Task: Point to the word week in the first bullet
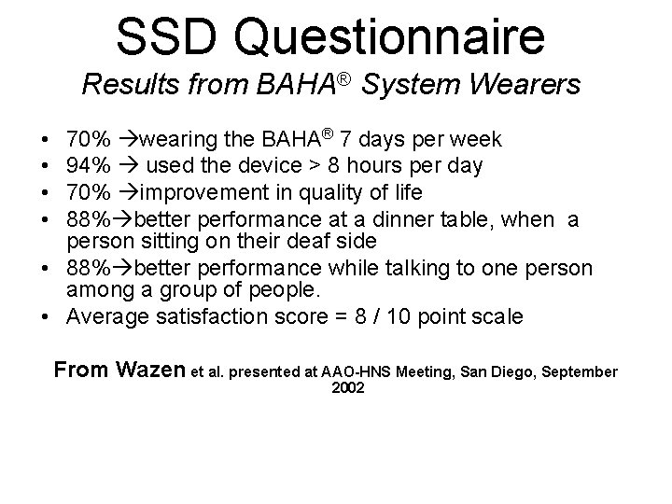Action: click(477, 140)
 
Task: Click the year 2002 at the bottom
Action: click(348, 388)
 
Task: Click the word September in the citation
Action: click(580, 371)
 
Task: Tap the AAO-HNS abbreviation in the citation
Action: click(357, 371)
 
